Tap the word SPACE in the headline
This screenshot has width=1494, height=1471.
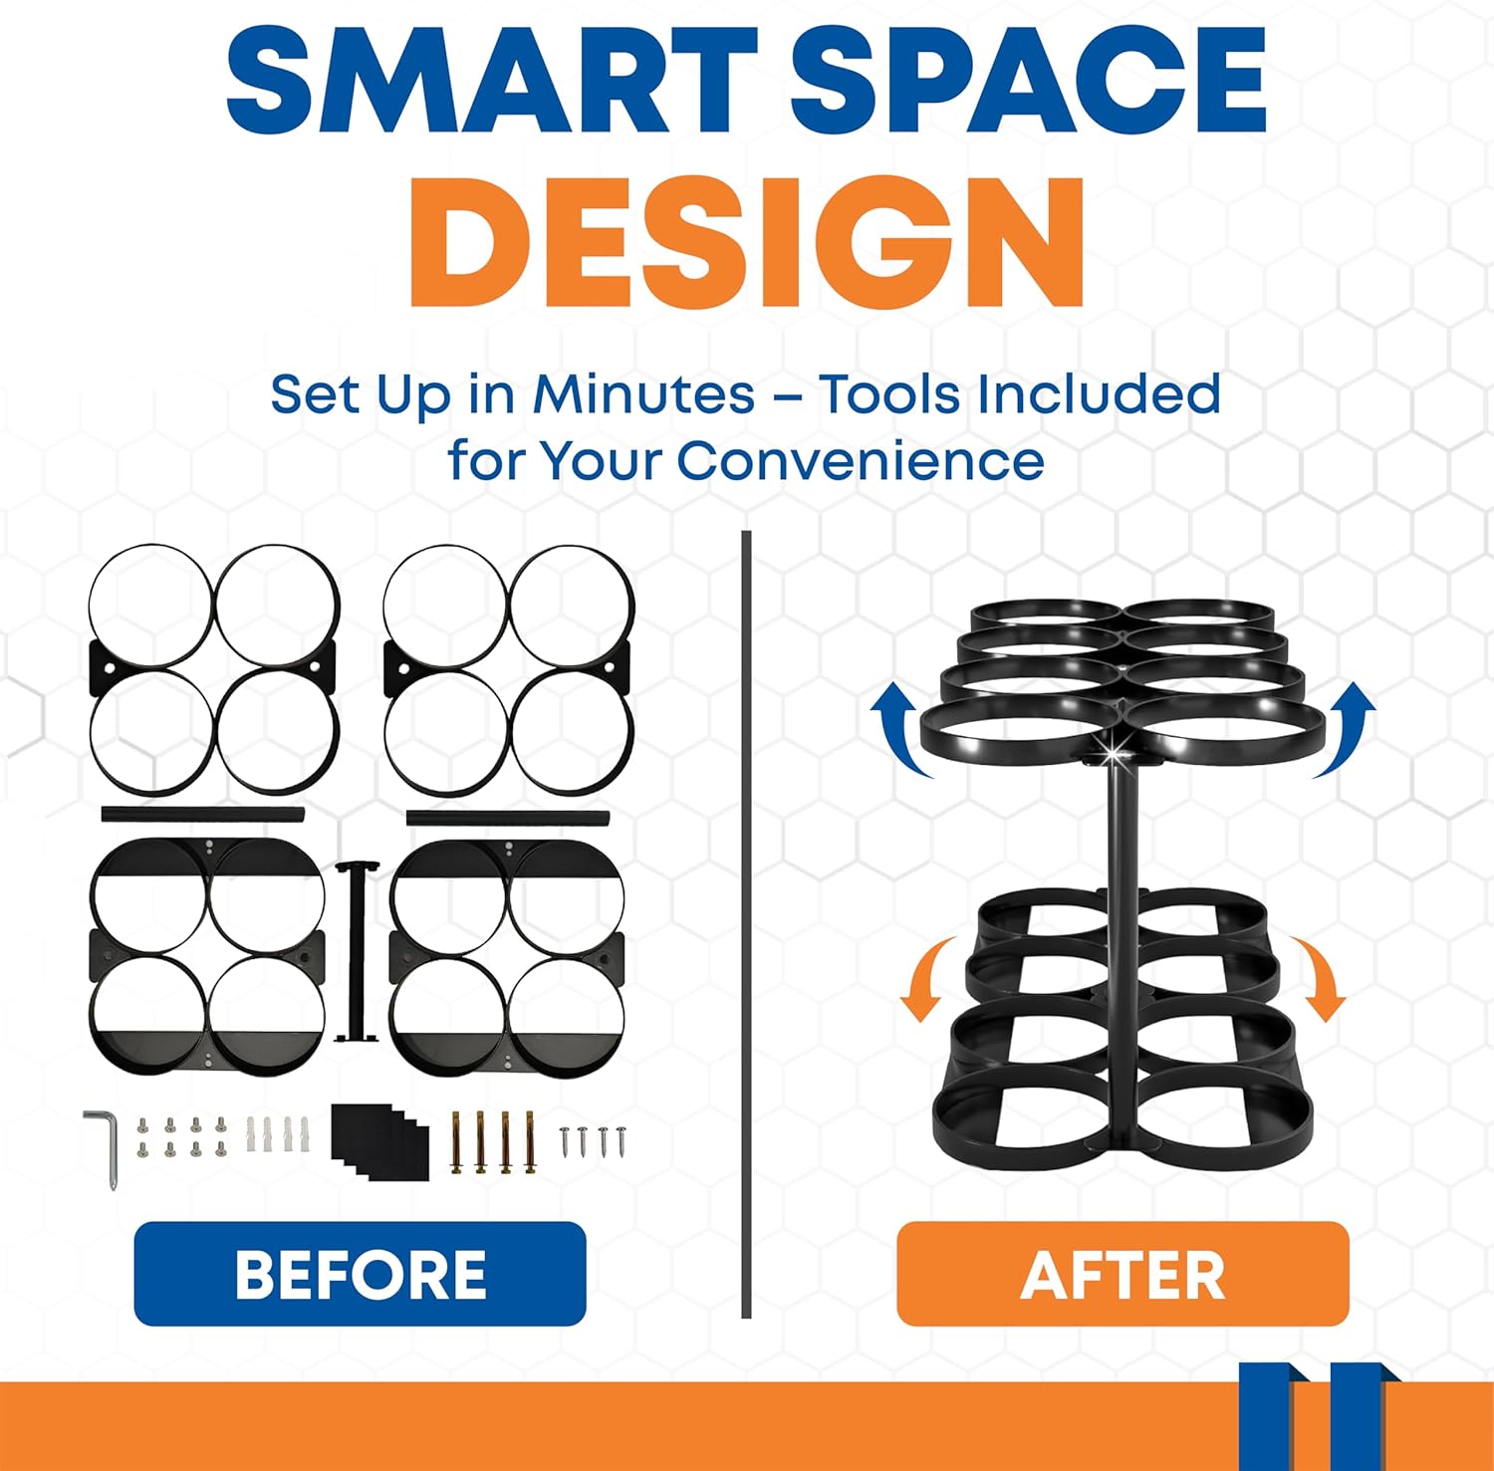[x=1027, y=82]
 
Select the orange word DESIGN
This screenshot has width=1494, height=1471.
[x=746, y=244]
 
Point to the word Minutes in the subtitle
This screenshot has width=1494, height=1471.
[x=643, y=394]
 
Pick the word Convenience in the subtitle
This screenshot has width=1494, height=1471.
[x=861, y=461]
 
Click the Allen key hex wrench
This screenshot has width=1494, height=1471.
[x=104, y=1145]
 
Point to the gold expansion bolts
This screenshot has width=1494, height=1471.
[x=494, y=1142]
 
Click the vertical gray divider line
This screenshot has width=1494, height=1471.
[x=746, y=924]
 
